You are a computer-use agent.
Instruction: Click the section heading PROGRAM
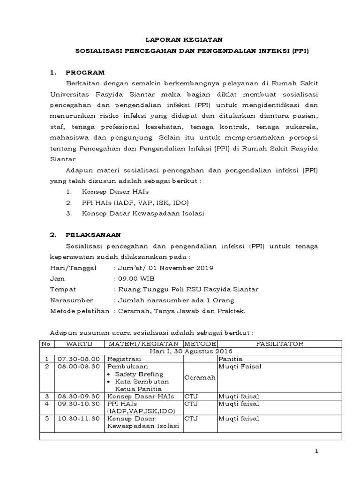85,73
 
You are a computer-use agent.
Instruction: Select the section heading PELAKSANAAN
93,235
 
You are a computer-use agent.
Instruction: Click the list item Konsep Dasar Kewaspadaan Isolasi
143,213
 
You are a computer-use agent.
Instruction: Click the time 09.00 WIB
134,278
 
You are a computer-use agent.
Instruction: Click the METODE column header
200,344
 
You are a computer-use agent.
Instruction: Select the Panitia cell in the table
230,359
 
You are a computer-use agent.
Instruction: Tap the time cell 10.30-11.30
78,418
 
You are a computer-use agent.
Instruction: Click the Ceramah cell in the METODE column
200,377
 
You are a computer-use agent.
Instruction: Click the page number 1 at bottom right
316,451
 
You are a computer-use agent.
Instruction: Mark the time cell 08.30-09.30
78,396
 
